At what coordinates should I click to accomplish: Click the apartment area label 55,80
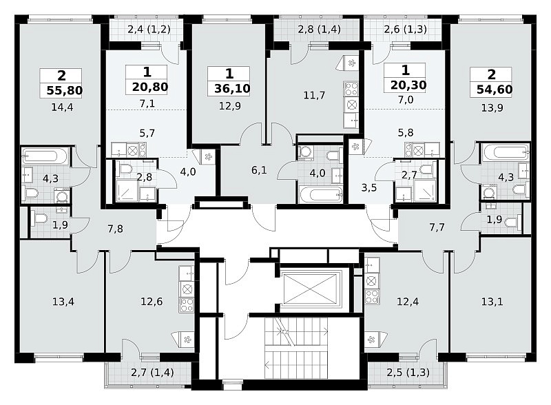(65, 90)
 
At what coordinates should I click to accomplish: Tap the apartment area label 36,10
(232, 89)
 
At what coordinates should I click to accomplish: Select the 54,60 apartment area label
(495, 90)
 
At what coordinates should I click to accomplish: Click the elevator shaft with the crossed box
(310, 289)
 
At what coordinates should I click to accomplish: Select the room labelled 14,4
(62, 107)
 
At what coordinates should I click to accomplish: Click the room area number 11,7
(314, 95)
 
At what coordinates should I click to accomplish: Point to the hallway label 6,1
(259, 171)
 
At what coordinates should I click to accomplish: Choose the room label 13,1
(492, 301)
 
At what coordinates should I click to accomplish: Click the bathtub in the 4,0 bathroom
(320, 194)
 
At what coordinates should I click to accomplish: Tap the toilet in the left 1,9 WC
(41, 219)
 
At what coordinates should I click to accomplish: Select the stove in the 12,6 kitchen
(187, 305)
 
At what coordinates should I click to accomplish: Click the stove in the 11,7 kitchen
(351, 89)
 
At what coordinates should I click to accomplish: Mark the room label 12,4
(408, 301)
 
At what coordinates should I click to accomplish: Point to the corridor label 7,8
(115, 229)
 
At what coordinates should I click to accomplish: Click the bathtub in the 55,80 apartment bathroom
(45, 156)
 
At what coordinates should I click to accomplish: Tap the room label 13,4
(63, 301)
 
